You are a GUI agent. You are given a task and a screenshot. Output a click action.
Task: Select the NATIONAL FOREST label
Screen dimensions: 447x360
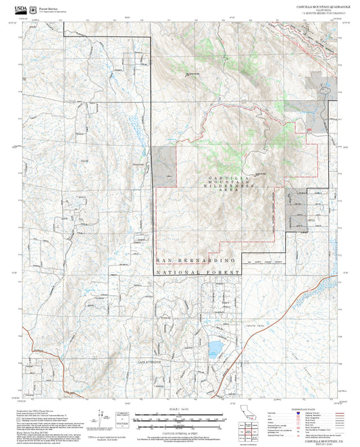pos(198,273)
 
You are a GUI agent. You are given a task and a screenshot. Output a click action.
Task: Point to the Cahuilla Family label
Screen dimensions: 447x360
pos(257,326)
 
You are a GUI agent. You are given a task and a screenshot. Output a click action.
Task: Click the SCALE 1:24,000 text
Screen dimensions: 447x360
pos(179,409)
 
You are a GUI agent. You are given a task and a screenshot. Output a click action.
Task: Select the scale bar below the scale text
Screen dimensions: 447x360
pos(179,417)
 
